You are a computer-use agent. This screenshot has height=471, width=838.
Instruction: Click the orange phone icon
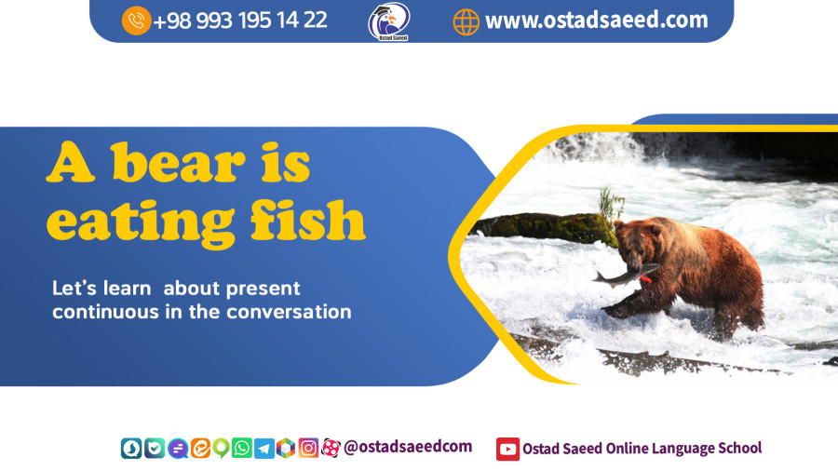(x=136, y=20)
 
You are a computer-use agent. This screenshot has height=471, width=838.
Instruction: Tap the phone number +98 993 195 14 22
(x=240, y=20)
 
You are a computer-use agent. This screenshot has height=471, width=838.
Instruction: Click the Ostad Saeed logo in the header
(x=389, y=21)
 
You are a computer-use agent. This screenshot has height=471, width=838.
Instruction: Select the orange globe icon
(x=466, y=22)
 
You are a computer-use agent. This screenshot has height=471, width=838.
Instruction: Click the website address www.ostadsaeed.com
(x=597, y=20)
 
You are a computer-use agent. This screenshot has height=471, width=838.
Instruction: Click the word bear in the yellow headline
(x=178, y=162)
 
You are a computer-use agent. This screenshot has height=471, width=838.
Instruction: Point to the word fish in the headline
(x=308, y=219)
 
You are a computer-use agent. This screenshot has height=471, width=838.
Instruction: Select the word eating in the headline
(x=141, y=224)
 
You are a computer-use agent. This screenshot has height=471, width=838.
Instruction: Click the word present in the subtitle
(x=263, y=289)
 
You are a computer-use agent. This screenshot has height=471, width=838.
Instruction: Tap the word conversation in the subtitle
(x=290, y=312)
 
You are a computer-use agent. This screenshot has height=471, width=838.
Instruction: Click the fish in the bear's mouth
(x=625, y=276)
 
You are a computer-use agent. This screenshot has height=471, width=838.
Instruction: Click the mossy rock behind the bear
(x=545, y=228)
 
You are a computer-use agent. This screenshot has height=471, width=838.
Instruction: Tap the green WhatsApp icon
(x=241, y=448)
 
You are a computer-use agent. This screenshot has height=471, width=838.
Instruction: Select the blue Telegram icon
(x=264, y=449)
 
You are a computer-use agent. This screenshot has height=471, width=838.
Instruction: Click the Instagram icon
(x=308, y=448)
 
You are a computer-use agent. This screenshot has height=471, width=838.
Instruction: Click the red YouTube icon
(x=507, y=449)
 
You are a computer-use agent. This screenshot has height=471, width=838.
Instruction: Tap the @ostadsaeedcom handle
(x=408, y=447)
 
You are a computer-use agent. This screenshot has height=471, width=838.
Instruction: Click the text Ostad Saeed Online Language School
(x=642, y=448)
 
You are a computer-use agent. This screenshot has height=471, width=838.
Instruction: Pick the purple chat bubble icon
(x=178, y=448)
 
